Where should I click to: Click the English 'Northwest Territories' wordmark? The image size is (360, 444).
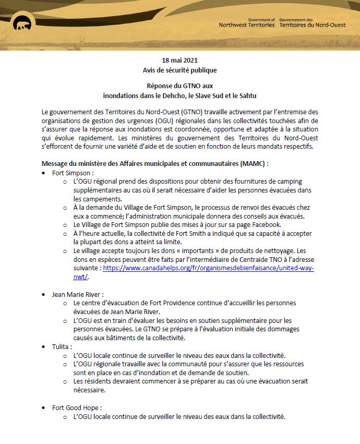[x=247, y=25]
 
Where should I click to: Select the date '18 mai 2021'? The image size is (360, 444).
[x=179, y=60]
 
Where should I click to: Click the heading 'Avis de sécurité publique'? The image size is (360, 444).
[x=179, y=70]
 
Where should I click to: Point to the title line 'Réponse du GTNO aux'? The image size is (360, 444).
[x=179, y=86]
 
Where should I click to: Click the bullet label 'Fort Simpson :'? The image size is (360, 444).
[x=73, y=172]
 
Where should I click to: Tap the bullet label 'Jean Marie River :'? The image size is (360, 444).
[x=78, y=294]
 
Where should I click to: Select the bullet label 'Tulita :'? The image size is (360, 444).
[x=62, y=346]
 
